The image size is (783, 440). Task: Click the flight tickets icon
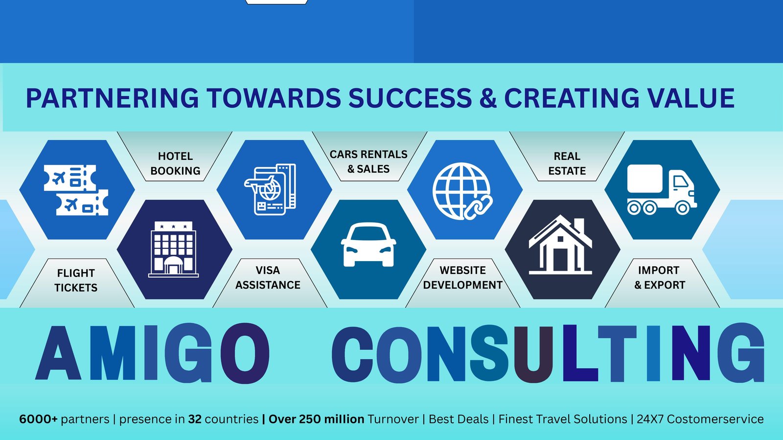[76, 190]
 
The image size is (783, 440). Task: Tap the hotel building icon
[173, 249]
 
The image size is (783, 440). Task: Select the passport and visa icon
[270, 189]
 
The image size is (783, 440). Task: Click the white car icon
[368, 245]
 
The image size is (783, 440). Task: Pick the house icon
[560, 244]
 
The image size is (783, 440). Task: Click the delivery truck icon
[662, 190]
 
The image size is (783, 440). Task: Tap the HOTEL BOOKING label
[175, 163]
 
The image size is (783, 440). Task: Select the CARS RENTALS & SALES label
[368, 162]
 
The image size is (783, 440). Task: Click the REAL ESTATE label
[567, 163]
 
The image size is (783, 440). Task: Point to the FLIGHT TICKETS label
[76, 280]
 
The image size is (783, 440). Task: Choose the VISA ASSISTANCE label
[268, 278]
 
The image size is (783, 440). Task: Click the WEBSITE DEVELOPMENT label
[463, 278]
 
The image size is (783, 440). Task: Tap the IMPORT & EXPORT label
[660, 278]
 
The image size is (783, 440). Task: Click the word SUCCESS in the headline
[411, 98]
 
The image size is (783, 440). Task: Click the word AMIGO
[153, 352]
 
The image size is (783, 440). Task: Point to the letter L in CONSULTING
[580, 352]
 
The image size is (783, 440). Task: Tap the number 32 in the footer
[195, 419]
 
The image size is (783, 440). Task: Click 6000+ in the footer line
[39, 419]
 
